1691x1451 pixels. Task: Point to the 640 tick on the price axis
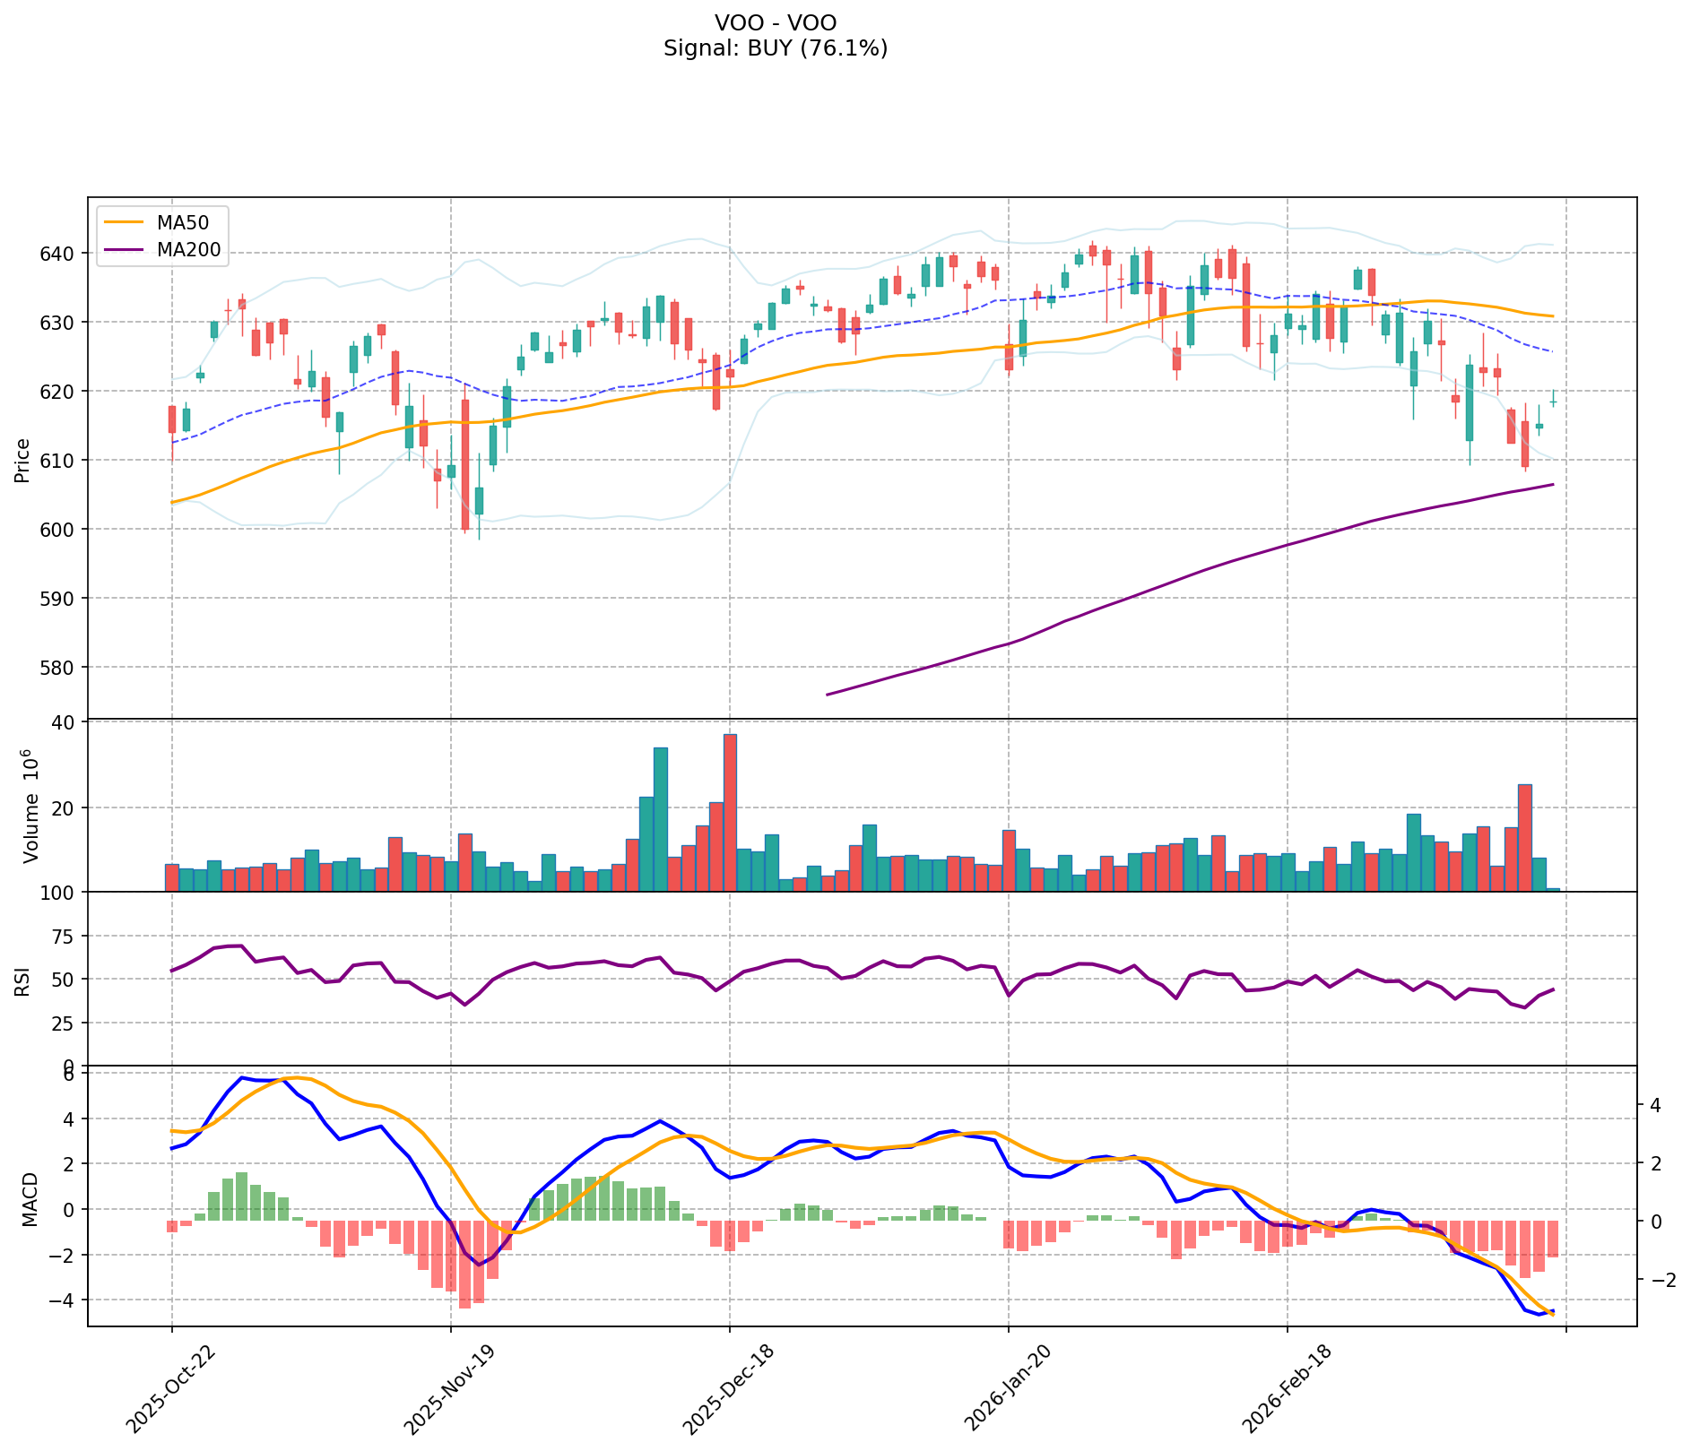click(x=65, y=254)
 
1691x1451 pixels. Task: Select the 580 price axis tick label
click(x=65, y=668)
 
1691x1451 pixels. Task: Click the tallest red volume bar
click(x=730, y=812)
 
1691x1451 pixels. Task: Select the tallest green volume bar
click(x=660, y=818)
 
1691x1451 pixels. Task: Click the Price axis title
click(x=23, y=460)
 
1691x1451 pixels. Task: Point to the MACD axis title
click(x=30, y=1199)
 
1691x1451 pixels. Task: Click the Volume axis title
click(x=30, y=808)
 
